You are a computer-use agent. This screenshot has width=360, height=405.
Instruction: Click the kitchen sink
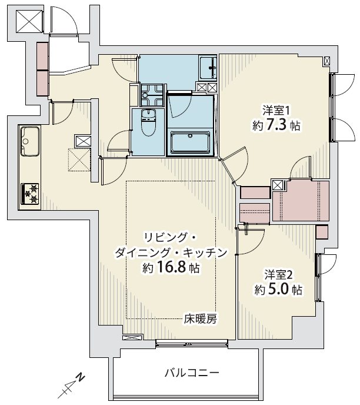[x=30, y=141]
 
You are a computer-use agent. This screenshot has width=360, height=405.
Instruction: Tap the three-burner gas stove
[x=30, y=193]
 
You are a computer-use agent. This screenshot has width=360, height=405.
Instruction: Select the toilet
[x=148, y=122]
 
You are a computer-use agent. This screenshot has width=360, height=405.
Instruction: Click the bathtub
[x=191, y=142]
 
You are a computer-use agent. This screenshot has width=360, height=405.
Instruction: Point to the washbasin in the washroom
[x=208, y=68]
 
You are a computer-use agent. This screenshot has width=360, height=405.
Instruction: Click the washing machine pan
[x=152, y=95]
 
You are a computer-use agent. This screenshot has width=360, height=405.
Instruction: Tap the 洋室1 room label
[x=276, y=111]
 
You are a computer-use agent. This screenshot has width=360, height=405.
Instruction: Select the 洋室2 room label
[x=278, y=275]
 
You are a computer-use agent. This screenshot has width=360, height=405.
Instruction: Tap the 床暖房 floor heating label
[x=200, y=320]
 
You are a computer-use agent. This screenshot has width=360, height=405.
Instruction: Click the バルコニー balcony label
[x=192, y=373]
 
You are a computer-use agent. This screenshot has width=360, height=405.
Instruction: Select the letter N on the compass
[x=81, y=377]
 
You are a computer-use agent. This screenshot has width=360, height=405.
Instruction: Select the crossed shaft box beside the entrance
[x=29, y=21]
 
